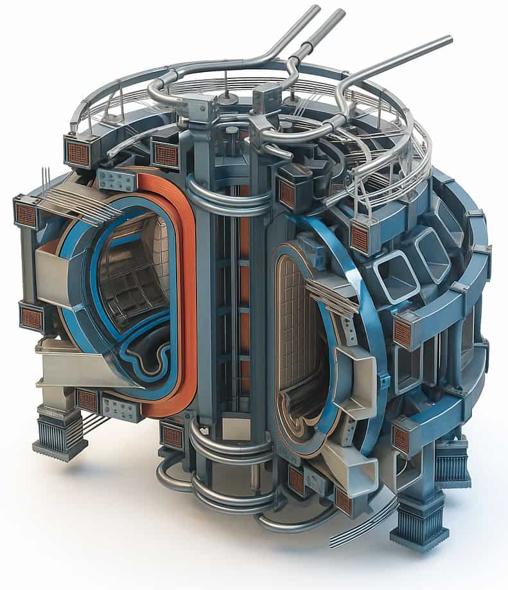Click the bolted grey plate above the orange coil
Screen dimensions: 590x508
(117, 181)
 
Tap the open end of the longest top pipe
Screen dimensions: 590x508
(449, 40)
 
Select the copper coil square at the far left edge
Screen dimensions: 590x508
(26, 215)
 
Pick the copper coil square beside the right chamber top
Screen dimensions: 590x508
(360, 238)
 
